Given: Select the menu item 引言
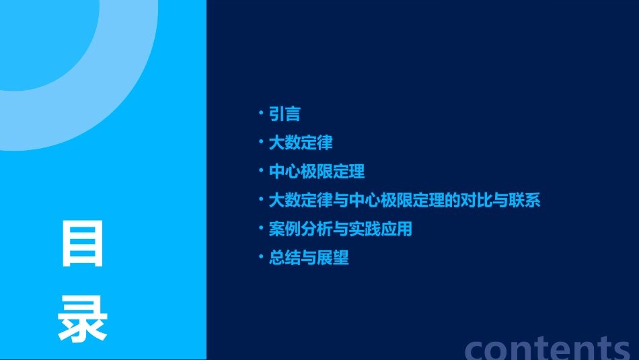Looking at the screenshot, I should point(285,114).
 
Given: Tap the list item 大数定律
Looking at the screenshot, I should point(301,143).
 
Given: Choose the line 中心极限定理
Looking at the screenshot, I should point(317,172).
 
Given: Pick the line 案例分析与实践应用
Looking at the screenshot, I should point(340,229).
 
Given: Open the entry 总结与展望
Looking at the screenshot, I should point(309,258).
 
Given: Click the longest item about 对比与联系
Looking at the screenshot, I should point(404,201).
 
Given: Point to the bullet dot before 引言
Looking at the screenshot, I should point(261,113).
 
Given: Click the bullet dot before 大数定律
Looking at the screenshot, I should point(261,142).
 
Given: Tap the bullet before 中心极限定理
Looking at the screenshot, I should point(261,171).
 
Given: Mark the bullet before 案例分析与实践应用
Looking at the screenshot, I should point(261,229).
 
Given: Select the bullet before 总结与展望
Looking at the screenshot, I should point(261,257).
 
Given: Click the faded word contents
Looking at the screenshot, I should point(548,347).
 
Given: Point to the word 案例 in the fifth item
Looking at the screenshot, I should point(285,229).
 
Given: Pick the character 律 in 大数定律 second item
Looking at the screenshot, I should point(325,143).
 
